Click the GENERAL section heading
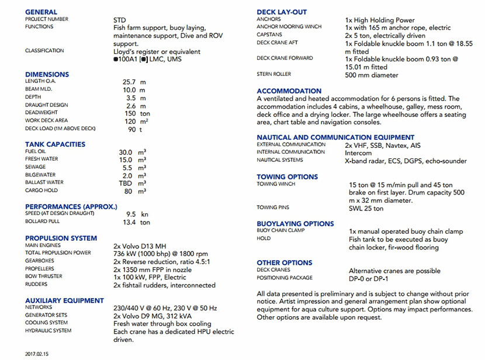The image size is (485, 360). pos(41,12)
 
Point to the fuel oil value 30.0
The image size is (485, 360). pos(125,152)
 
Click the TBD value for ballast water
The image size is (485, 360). pos(125,182)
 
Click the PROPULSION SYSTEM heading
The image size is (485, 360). pos(61,238)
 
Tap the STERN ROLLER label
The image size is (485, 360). pos(274,74)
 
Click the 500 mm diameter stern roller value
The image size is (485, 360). pos(372,75)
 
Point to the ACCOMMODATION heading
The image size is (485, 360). pos(289,91)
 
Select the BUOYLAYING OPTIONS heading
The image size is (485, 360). pos(295,223)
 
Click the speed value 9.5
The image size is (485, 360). pos(131,214)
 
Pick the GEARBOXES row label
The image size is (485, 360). pos(39,261)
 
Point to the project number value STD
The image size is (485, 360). pos(119,20)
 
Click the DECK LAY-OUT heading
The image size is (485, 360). pos(282,12)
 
